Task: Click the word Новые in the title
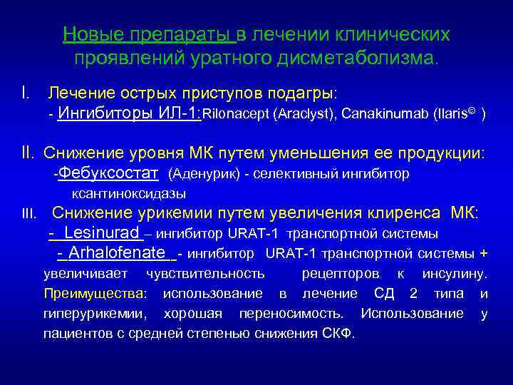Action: (x=85, y=34)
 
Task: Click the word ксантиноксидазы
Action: (x=129, y=193)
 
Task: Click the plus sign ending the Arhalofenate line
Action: (x=484, y=253)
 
